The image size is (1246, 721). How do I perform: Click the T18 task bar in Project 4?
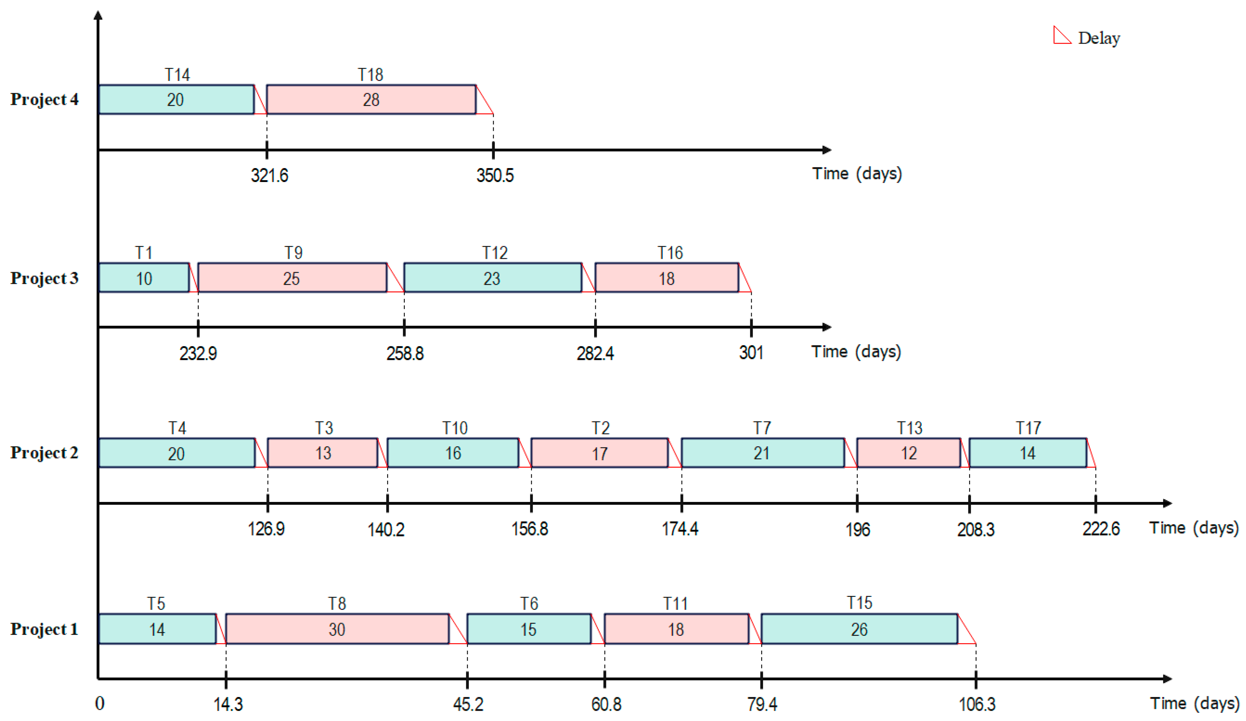coord(371,99)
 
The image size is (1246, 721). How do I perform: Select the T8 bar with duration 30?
coord(337,629)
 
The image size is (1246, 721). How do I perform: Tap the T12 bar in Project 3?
coord(493,278)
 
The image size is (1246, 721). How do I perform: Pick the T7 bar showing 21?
coord(762,453)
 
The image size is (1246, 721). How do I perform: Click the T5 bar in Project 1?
coord(157,629)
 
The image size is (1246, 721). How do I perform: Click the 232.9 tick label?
coord(198,353)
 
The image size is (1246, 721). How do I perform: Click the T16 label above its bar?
coord(670,253)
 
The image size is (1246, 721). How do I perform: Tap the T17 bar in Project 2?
coord(1027,453)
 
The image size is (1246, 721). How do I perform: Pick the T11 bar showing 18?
coord(676,629)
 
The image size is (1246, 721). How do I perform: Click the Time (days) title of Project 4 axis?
coord(857,174)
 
